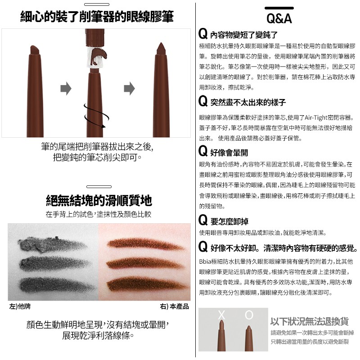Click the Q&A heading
click(x=279, y=18)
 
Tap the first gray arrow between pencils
click(x=66, y=88)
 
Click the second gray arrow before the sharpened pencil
click(x=129, y=88)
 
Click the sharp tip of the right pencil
click(x=161, y=43)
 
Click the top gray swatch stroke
click(x=52, y=244)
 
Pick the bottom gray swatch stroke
click(x=57, y=285)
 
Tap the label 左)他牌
click(x=20, y=306)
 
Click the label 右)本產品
click(x=174, y=306)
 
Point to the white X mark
click(x=221, y=315)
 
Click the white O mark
click(x=249, y=315)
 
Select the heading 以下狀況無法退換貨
click(x=310, y=321)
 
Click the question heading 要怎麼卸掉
click(x=229, y=221)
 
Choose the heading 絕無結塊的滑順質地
click(x=99, y=200)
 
